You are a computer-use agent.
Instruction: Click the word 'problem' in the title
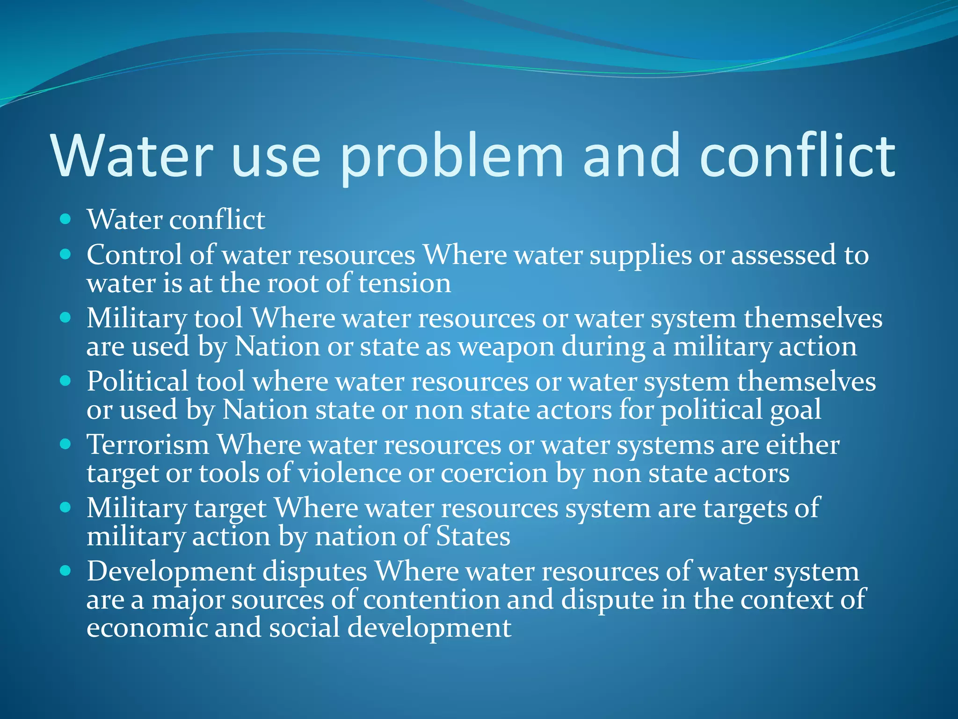pos(452,157)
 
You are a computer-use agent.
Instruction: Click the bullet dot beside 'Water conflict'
pos(65,219)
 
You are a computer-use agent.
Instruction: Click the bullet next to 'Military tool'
pos(65,318)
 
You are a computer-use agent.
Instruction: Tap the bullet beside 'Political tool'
pos(65,381)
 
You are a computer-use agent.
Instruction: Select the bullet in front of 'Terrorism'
pos(65,444)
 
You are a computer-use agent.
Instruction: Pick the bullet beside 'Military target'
pos(65,507)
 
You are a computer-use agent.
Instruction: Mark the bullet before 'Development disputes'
pos(65,571)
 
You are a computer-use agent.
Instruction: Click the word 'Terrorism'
pos(148,445)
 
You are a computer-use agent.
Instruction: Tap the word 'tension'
pos(405,284)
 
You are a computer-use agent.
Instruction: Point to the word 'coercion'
pos(494,473)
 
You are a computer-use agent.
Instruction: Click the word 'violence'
pos(349,473)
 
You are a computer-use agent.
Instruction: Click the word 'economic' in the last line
pos(147,628)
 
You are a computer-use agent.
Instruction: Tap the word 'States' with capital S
pos(473,536)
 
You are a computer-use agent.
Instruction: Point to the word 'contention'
pos(431,600)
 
